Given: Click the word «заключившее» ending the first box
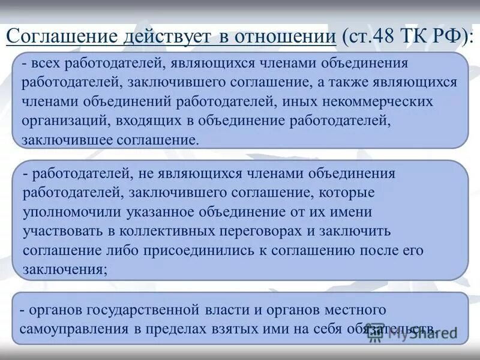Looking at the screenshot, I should point(62,140).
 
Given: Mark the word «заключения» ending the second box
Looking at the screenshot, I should point(64,269).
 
